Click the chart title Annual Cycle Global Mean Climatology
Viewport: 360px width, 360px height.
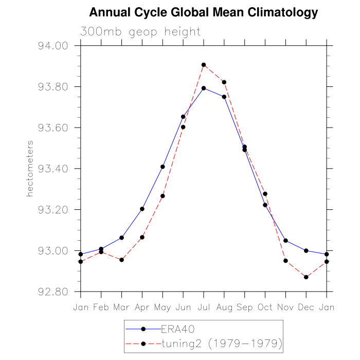(204, 12)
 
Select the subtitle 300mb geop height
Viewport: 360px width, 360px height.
(140, 32)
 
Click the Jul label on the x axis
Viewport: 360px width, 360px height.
(204, 307)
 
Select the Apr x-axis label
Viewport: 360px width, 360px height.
(142, 307)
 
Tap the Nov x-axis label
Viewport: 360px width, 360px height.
(286, 307)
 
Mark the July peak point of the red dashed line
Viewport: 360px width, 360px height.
(204, 65)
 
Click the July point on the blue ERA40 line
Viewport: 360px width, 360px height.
(204, 88)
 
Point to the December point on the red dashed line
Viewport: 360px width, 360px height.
(307, 277)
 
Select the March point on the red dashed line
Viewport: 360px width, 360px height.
(121, 260)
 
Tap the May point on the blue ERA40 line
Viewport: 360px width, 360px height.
(163, 167)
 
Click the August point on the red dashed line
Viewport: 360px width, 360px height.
(224, 82)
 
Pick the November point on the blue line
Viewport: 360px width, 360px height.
(286, 241)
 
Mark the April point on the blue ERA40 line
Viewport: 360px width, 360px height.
(142, 209)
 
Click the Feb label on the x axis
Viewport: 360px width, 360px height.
(101, 307)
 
